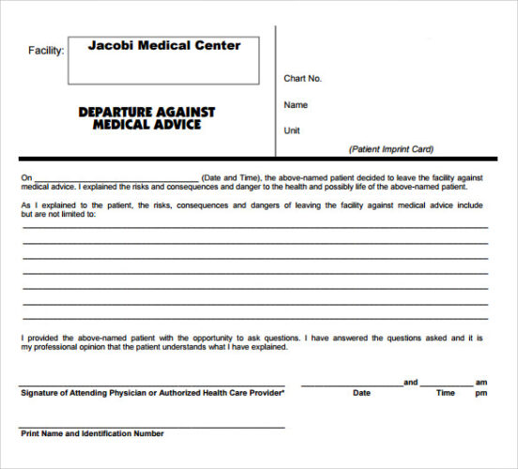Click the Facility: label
[46, 50]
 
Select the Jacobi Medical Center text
[164, 45]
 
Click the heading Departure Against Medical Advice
[146, 118]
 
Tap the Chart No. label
[302, 78]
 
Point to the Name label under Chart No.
[296, 105]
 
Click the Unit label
[292, 130]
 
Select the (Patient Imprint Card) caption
[391, 149]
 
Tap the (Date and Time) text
[232, 177]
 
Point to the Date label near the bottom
[361, 393]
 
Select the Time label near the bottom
[446, 393]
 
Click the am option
[481, 382]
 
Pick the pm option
[481, 393]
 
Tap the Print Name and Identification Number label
[92, 433]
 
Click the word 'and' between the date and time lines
[410, 382]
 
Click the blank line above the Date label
[351, 386]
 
